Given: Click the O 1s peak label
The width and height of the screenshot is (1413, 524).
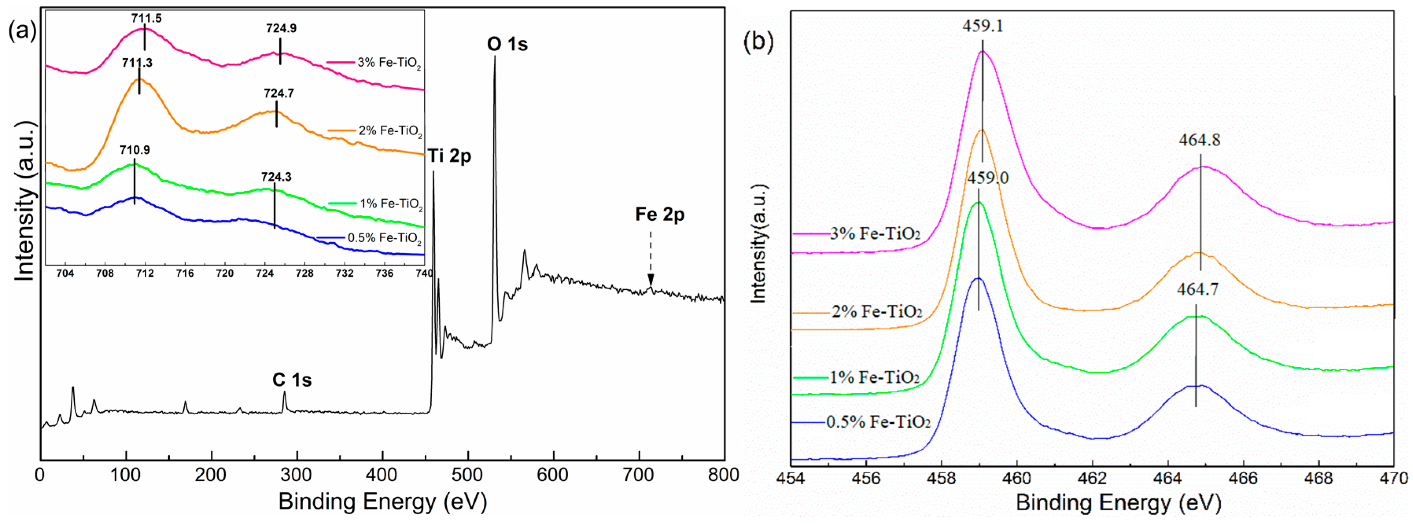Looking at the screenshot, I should click(507, 44).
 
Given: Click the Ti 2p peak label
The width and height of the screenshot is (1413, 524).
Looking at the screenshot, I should click(449, 156).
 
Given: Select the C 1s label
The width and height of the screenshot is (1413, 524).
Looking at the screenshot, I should click(292, 380).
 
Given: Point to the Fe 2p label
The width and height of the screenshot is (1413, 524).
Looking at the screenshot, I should click(660, 214).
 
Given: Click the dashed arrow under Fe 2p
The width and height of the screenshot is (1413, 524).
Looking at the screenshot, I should click(650, 257).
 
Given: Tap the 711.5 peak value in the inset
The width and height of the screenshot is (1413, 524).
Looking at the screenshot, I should click(146, 18).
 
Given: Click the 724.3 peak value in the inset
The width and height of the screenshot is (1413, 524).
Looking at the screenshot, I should click(276, 177).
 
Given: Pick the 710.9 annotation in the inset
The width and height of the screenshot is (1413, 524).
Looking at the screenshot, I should click(134, 150).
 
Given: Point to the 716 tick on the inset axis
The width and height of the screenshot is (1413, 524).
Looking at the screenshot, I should click(185, 273).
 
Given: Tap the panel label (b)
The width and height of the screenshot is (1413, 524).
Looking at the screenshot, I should click(758, 41).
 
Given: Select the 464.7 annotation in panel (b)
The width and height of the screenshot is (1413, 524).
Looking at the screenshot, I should click(1197, 289).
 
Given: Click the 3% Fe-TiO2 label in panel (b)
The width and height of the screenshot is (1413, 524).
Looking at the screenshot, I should click(874, 234).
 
